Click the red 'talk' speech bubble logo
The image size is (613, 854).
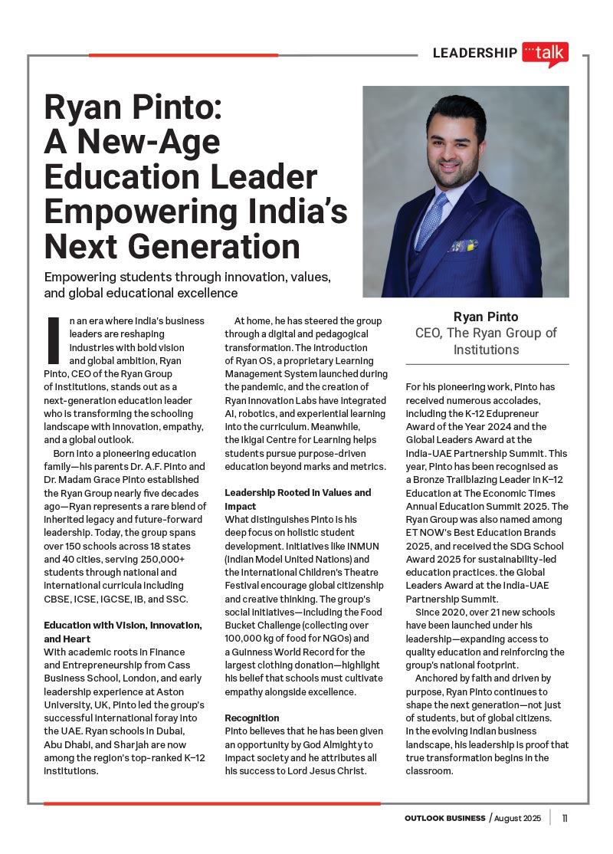click(545, 53)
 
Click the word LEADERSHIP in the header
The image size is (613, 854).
click(474, 53)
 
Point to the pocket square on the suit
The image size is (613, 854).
click(462, 246)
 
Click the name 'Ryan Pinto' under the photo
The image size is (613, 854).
click(486, 317)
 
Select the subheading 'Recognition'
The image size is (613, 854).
click(252, 718)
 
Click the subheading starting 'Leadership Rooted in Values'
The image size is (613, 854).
click(297, 492)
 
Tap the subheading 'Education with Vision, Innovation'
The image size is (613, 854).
click(123, 626)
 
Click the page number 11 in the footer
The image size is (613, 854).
click(565, 818)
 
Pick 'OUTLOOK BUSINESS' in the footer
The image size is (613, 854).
click(445, 818)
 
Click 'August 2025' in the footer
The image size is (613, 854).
click(517, 818)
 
